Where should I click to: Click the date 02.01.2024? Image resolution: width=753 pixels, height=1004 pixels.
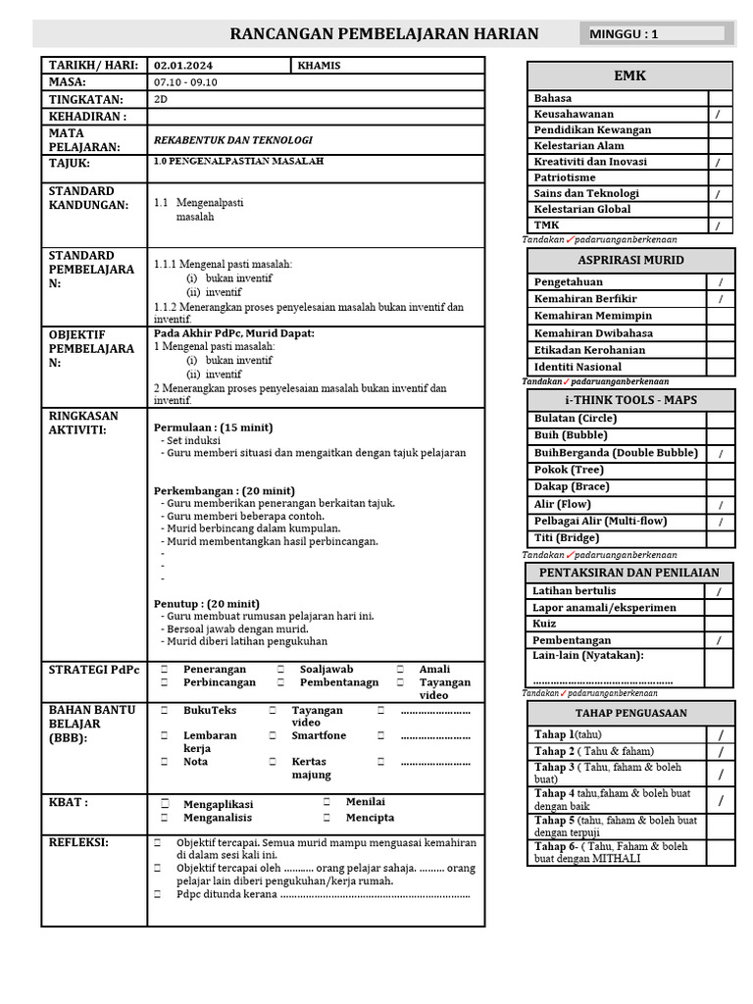click(x=183, y=65)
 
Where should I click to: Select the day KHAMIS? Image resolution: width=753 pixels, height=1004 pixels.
click(x=324, y=65)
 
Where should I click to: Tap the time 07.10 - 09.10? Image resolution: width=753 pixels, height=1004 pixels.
click(x=185, y=82)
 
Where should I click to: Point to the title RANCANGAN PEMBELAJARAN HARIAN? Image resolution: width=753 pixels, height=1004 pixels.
click(x=383, y=34)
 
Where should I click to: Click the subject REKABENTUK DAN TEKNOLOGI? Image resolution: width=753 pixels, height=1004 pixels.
click(x=233, y=140)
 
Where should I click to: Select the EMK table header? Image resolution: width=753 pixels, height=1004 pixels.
click(x=629, y=75)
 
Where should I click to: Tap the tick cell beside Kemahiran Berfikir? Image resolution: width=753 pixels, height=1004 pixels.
click(x=720, y=299)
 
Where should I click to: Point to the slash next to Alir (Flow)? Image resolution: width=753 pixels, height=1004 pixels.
click(x=720, y=504)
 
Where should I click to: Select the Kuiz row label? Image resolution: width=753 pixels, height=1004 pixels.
click(x=544, y=624)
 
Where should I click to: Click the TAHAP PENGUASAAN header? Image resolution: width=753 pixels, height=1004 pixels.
click(x=629, y=713)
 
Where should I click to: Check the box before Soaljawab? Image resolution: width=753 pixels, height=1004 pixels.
click(x=280, y=670)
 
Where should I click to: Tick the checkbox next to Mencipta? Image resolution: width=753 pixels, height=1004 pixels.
click(x=326, y=817)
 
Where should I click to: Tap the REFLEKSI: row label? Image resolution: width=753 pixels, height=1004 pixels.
click(x=78, y=842)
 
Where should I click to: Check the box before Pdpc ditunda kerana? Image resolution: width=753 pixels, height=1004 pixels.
click(x=157, y=894)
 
